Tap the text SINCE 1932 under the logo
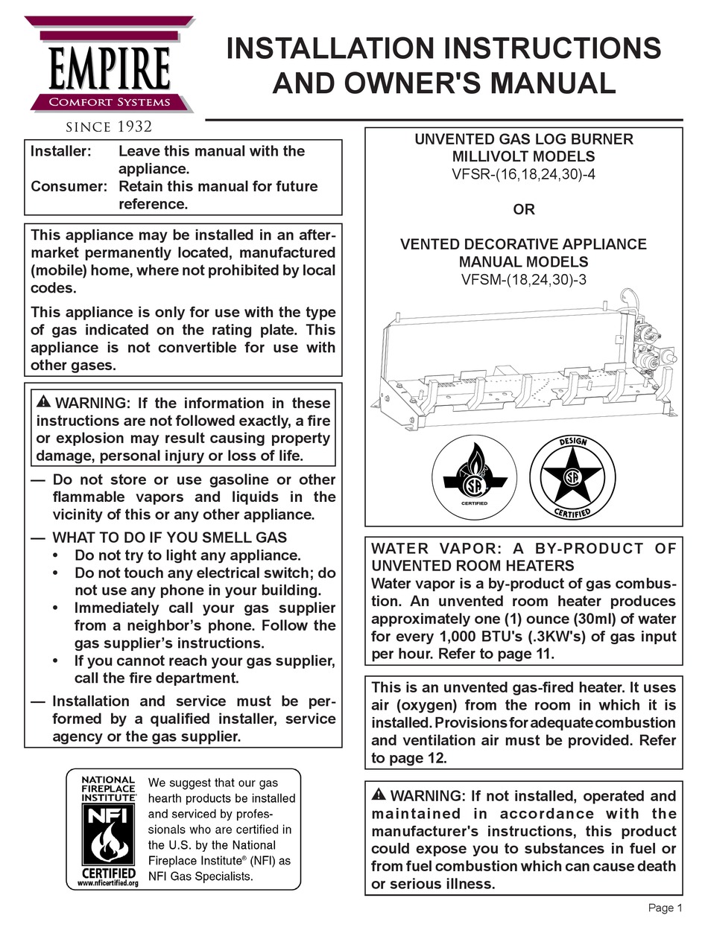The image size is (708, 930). [x=110, y=126]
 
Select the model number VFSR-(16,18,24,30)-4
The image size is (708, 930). [x=523, y=174]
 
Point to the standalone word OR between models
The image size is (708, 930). [x=523, y=209]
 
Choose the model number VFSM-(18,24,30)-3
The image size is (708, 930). [x=523, y=279]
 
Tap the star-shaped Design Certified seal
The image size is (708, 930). [x=572, y=477]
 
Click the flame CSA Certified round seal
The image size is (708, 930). [x=474, y=477]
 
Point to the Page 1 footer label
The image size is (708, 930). [x=665, y=908]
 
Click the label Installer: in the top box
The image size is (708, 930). [x=61, y=151]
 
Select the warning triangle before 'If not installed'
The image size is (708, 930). [x=379, y=795]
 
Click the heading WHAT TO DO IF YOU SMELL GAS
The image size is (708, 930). [x=169, y=537]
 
